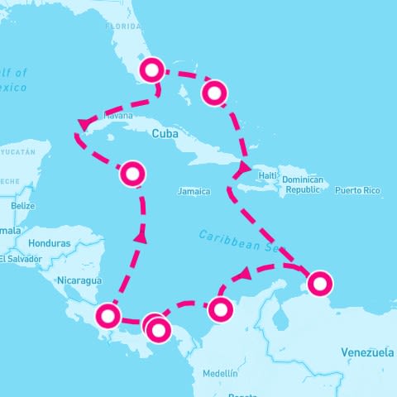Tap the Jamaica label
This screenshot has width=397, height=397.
[x=194, y=191]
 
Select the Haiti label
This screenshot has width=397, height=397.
[x=267, y=176]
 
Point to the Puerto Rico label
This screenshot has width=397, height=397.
[x=357, y=191]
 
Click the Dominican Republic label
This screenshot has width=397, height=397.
[x=301, y=184]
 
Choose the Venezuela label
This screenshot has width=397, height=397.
[x=367, y=353]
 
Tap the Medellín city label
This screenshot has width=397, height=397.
[x=219, y=374]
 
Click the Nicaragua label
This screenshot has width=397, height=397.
[x=79, y=280]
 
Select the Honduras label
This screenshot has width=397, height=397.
[x=49, y=244]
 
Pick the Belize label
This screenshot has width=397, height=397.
[x=22, y=205]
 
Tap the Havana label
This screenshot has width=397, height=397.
[x=117, y=117]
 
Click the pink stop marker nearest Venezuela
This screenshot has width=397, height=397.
[x=319, y=284]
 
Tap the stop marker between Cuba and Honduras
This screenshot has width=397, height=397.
[x=133, y=174]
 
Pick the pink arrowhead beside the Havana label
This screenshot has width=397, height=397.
[x=84, y=125]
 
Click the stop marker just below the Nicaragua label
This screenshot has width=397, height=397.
[x=108, y=315]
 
